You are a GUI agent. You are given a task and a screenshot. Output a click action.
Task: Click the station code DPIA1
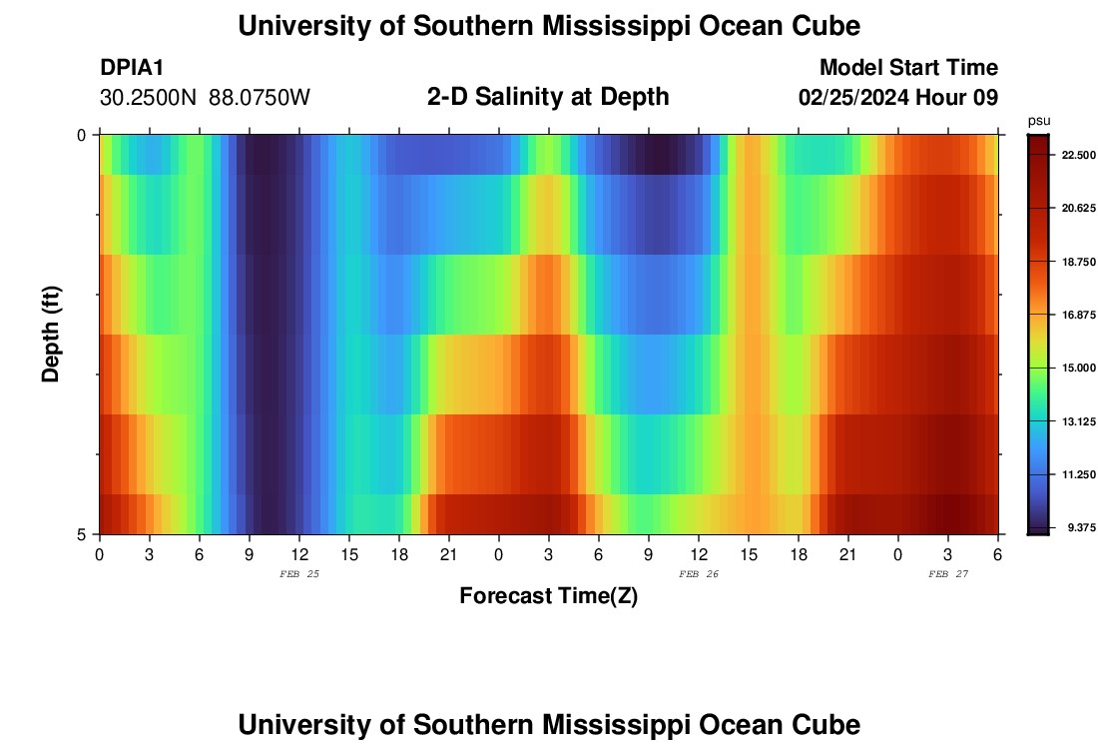(132, 68)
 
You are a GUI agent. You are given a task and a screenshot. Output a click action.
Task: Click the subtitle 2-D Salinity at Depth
(548, 97)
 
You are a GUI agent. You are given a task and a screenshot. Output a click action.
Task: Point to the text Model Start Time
(908, 68)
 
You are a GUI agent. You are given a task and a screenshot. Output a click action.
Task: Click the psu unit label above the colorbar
(1038, 120)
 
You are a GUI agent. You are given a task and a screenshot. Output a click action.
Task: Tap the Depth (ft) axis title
(52, 334)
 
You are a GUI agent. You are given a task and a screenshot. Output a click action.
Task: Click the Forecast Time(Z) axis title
(548, 596)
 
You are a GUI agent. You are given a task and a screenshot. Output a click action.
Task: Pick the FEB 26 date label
(699, 574)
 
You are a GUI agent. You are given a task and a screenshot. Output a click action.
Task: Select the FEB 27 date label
(948, 574)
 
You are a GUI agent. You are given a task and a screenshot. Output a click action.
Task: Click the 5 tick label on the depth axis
(83, 534)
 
